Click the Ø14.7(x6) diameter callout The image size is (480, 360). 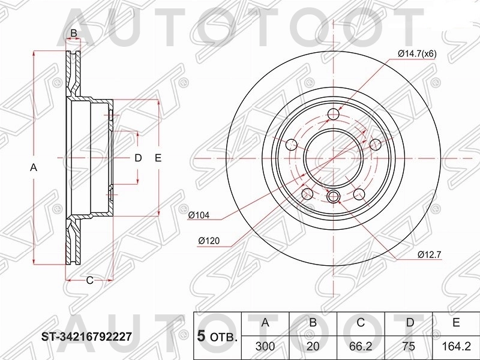[416, 54]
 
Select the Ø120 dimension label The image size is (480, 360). [209, 241]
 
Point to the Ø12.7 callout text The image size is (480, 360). [430, 255]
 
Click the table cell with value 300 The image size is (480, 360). [265, 346]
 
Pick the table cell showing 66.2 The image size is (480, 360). [361, 346]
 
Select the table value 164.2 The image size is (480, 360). [456, 346]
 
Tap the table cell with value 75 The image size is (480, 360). [409, 346]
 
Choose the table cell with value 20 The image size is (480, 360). [313, 346]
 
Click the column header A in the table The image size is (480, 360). [265, 323]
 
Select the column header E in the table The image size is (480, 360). [456, 323]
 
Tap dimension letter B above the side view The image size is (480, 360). [74, 32]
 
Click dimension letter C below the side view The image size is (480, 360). [89, 280]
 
